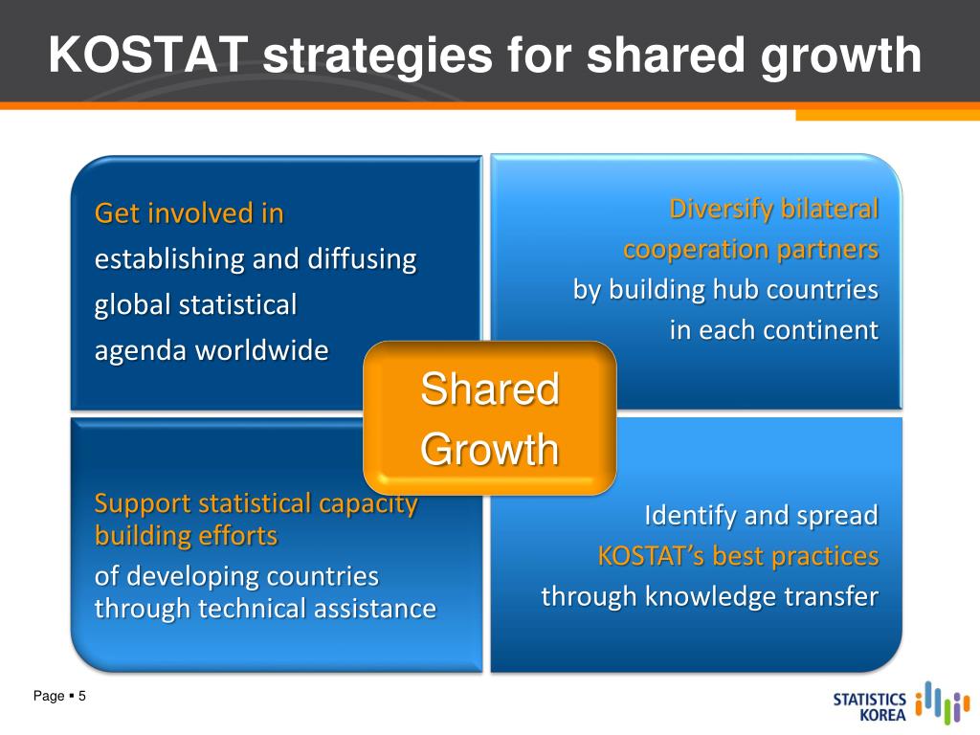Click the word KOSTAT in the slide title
coord(148,55)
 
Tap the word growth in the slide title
coord(840,56)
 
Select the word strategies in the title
coord(377,56)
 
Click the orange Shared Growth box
coord(490,418)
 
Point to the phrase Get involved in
coord(189,213)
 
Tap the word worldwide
coord(262,350)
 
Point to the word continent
coord(820,330)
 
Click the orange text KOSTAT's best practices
coord(738,556)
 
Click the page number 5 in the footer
coord(82,696)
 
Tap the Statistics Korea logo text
coord(869,707)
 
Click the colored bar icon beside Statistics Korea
coord(943,702)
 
